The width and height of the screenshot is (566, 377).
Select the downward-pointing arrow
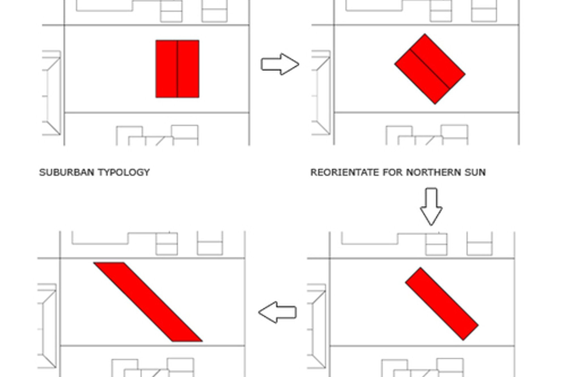point(431,206)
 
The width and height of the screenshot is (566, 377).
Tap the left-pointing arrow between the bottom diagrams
point(277,312)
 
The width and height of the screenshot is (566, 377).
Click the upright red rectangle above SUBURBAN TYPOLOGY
point(167,69)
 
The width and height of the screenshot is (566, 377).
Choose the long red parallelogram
point(148,302)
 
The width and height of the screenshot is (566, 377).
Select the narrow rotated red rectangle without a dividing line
point(442,303)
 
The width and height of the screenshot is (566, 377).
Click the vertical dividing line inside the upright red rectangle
point(177,69)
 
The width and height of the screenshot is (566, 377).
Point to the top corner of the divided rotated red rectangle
point(424,35)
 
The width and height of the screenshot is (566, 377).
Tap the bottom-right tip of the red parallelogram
point(202,341)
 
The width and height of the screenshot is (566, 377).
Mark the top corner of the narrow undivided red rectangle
point(420,268)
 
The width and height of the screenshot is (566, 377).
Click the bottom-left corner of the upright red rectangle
point(156,97)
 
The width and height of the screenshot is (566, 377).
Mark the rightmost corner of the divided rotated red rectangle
point(465,74)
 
